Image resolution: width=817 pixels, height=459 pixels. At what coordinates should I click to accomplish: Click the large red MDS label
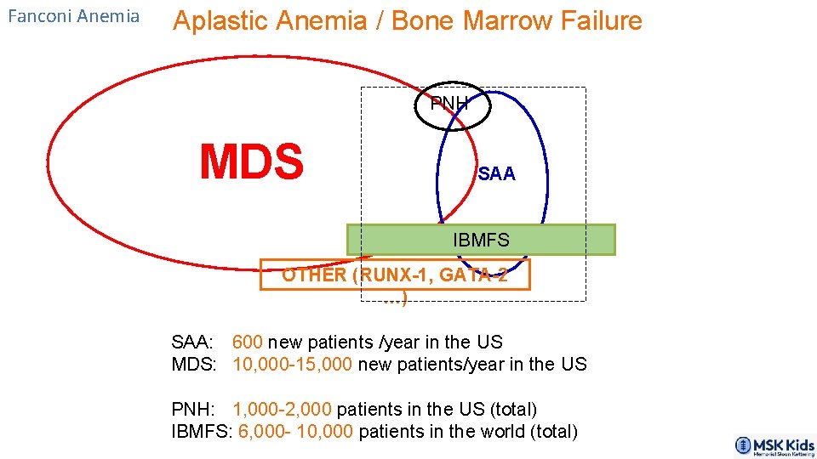click(251, 162)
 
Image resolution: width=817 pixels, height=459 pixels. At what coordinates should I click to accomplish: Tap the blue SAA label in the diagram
click(496, 174)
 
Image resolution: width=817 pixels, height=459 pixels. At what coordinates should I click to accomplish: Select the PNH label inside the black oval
click(449, 104)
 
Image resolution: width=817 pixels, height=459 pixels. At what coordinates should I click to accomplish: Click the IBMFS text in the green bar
click(481, 241)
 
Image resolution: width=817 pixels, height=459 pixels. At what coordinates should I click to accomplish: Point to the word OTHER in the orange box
click(314, 275)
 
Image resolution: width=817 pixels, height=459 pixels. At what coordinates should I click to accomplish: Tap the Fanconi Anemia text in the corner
click(73, 16)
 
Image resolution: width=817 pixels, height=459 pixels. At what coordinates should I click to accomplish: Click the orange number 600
click(247, 343)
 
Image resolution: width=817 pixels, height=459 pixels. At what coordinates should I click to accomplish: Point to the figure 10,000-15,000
click(293, 365)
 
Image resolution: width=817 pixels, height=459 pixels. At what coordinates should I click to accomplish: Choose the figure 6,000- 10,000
click(295, 432)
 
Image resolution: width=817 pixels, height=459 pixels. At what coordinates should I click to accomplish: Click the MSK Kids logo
click(774, 446)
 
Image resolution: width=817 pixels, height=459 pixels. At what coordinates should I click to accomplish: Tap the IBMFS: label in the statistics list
click(202, 432)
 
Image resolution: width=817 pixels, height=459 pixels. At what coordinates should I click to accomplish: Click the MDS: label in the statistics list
click(196, 365)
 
